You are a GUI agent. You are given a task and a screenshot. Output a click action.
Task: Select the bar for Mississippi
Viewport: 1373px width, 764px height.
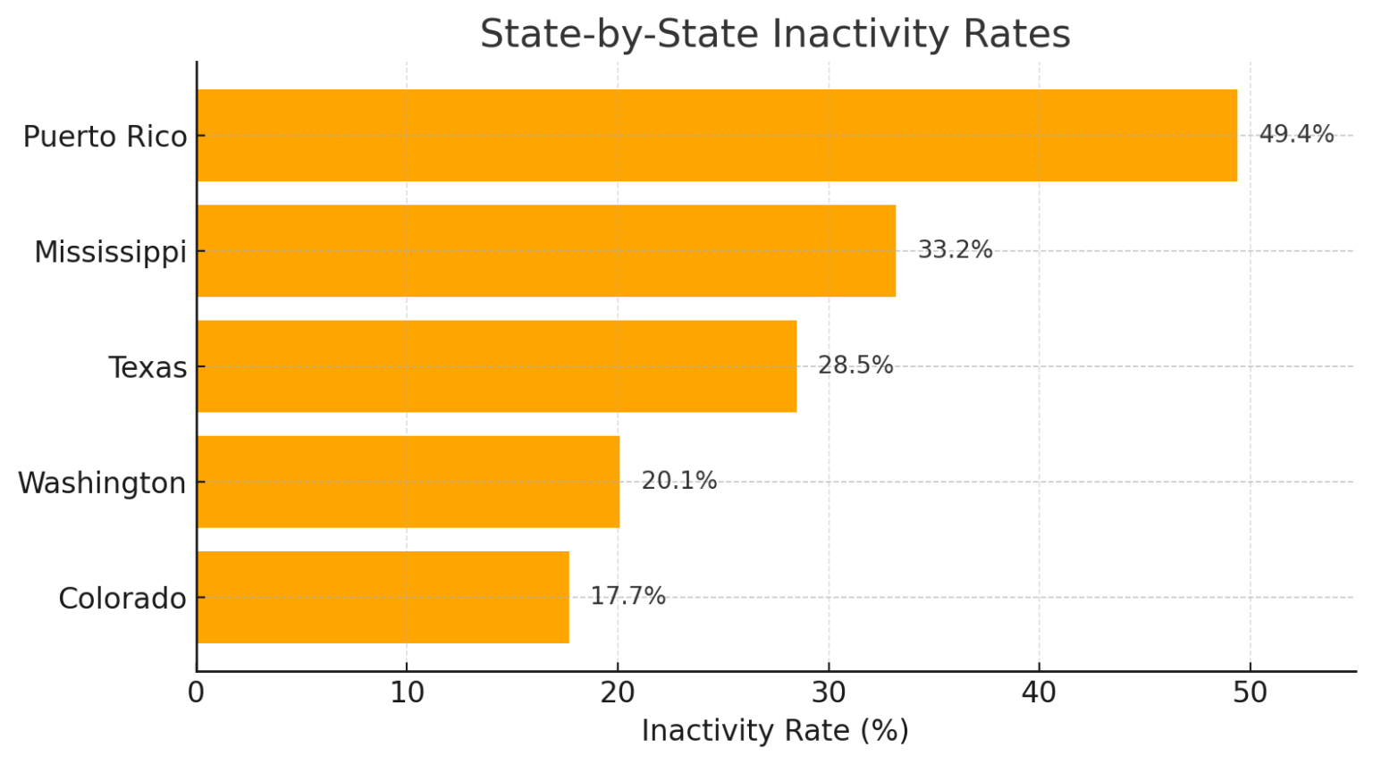coord(546,251)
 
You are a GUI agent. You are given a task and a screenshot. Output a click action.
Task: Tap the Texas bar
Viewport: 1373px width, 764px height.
coord(496,366)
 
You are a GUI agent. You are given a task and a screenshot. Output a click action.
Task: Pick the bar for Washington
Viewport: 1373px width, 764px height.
coord(408,482)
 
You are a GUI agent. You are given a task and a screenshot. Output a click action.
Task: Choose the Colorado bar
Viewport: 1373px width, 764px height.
coord(383,597)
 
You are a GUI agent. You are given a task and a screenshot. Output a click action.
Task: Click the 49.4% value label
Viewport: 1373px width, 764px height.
coord(1295,135)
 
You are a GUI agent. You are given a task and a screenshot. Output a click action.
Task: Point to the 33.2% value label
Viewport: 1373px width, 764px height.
coord(955,250)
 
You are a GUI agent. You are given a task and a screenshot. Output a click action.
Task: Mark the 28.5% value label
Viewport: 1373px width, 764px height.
coord(855,365)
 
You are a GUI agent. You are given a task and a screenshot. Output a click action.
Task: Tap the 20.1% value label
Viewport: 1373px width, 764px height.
coord(678,481)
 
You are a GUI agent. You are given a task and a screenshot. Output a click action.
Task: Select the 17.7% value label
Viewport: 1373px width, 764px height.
coord(628,596)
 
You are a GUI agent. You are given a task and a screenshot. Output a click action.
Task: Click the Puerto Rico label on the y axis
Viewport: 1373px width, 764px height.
coord(105,137)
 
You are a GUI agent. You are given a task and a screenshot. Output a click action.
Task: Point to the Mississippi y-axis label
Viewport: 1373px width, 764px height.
coord(110,253)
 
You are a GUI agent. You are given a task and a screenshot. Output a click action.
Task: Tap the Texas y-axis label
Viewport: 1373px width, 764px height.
coord(147,367)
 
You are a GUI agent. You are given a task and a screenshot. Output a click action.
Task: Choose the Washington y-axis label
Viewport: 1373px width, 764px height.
coord(102,483)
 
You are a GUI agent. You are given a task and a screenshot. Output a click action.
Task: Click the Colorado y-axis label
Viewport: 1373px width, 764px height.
coord(122,598)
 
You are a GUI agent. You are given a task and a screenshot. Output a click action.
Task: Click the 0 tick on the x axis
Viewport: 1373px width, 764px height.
coord(196,693)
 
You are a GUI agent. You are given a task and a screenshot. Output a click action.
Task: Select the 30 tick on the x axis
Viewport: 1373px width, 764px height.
coord(828,693)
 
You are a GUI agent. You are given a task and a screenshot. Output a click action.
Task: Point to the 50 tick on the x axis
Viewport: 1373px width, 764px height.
coord(1250,693)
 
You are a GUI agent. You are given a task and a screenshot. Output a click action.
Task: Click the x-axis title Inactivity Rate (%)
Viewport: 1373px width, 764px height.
coord(774,731)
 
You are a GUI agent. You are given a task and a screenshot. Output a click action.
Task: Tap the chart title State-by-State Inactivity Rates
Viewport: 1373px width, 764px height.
coord(774,35)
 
